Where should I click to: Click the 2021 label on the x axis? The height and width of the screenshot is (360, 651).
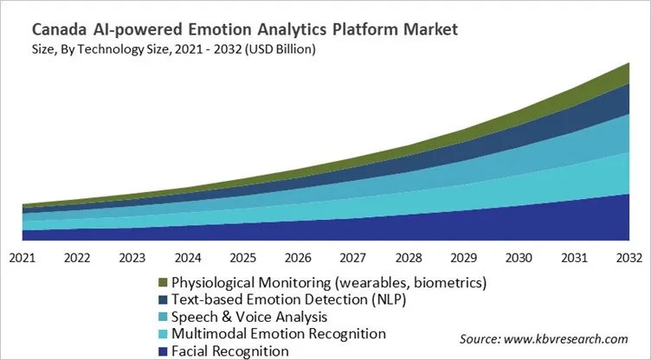point(23,257)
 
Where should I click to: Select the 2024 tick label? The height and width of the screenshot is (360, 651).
point(188,257)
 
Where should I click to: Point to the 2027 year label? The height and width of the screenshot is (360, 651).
point(353,257)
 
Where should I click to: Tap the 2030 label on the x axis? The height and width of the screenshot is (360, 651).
point(519,257)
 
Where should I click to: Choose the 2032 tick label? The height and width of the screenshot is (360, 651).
point(628,257)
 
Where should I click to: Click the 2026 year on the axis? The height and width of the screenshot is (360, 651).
point(298,257)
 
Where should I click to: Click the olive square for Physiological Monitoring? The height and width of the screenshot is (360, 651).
point(162,283)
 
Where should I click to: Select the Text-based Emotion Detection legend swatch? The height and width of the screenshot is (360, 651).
point(162,299)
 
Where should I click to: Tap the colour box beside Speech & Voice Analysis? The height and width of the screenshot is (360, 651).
point(162,317)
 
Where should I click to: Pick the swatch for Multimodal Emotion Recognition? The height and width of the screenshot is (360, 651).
point(162,333)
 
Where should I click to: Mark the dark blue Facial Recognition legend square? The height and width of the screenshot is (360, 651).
point(162,350)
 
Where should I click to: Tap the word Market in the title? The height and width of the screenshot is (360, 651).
point(425,29)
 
